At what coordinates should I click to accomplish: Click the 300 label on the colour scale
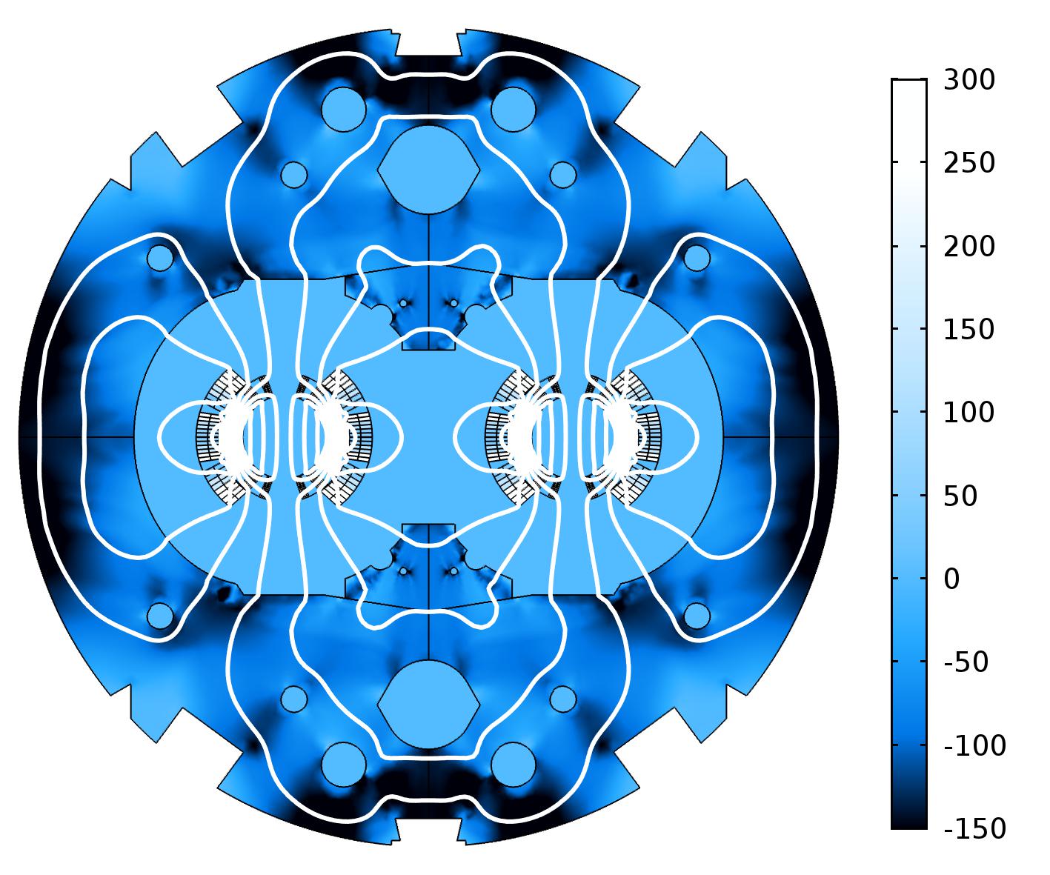[x=968, y=80]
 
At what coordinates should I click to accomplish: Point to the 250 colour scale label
[x=968, y=163]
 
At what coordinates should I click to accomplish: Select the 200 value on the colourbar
[x=968, y=247]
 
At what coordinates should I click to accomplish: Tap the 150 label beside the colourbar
[x=968, y=330]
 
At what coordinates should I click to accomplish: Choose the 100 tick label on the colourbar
[x=968, y=413]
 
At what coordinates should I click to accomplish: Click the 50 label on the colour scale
[x=960, y=496]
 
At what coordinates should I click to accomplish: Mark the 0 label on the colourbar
[x=951, y=579]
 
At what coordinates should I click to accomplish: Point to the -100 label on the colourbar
[x=974, y=745]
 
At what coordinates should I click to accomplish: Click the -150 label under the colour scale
[x=974, y=828]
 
